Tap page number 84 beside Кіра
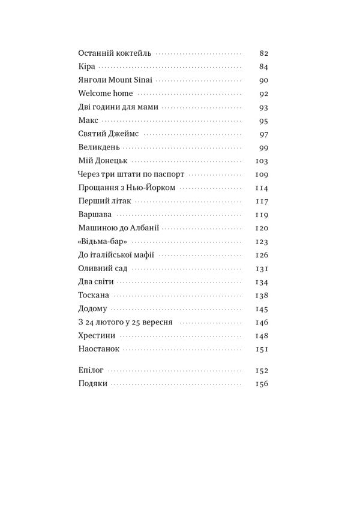coord(263,67)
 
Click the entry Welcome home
coord(105,94)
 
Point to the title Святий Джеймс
coord(109,134)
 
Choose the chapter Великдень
coord(99,148)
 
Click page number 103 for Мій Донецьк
coord(261,161)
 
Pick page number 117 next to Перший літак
coord(261,202)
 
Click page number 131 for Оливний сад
coord(261,269)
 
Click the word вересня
coord(154,323)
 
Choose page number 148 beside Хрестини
coord(261,336)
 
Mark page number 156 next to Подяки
coord(261,384)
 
